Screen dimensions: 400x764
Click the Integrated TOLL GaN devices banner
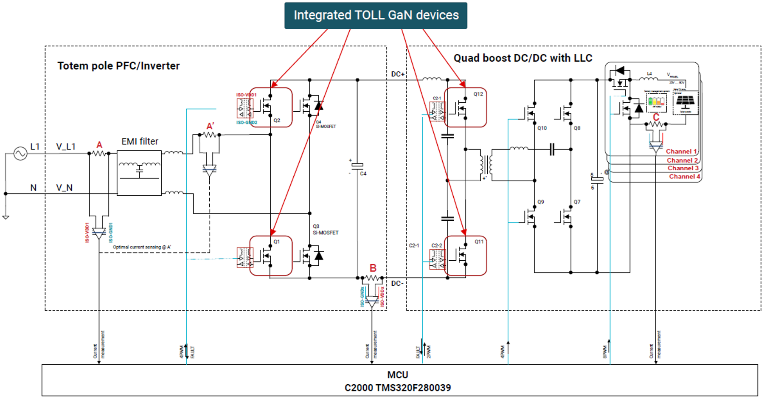(x=376, y=15)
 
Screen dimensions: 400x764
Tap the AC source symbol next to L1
(x=20, y=153)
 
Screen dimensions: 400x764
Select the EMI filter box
(x=139, y=173)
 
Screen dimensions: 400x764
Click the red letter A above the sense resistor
(x=99, y=145)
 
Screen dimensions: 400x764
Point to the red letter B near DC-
(x=373, y=268)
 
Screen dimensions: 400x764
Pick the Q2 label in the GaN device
(x=277, y=121)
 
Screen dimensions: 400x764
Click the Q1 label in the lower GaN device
(x=277, y=242)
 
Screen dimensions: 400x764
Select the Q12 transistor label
(x=478, y=94)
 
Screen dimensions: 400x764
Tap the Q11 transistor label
(x=479, y=242)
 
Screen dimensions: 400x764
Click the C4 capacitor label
(x=363, y=174)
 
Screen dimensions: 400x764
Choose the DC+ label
(x=398, y=74)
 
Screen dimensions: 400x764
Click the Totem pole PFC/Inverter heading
(x=118, y=66)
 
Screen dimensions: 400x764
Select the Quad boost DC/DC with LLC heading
(x=523, y=58)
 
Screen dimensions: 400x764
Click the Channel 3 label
(x=683, y=168)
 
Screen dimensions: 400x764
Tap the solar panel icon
(x=685, y=102)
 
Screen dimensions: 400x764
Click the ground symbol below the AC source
(x=6, y=217)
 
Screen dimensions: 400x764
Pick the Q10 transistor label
(x=542, y=128)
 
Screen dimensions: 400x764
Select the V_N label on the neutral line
(x=65, y=188)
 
